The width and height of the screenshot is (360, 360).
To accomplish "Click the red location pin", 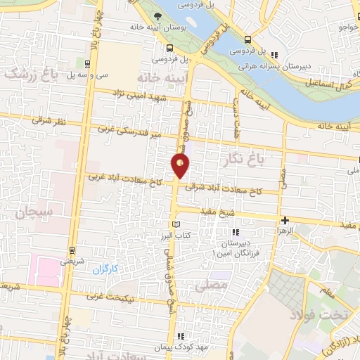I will click(x=181, y=167).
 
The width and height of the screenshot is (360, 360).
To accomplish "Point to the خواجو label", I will click(x=348, y=27).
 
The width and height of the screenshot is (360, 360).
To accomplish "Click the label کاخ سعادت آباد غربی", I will click(x=124, y=180).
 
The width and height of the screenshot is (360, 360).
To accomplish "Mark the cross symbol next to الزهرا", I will click(x=285, y=220).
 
